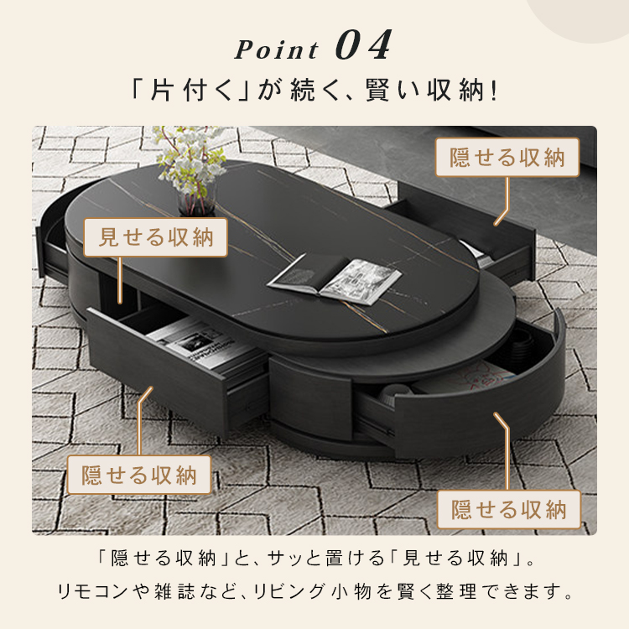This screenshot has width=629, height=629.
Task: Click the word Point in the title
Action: click(276, 49)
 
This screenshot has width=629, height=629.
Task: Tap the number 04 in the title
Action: click(363, 45)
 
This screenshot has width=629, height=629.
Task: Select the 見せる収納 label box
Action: click(156, 237)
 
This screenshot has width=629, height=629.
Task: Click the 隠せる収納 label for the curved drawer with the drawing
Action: click(509, 509)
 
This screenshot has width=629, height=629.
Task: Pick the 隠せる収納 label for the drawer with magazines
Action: click(138, 475)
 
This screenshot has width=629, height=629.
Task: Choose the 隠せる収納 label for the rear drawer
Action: click(507, 158)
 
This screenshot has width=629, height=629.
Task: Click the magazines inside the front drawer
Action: click(200, 344)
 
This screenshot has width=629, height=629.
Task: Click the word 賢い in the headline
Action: click(393, 91)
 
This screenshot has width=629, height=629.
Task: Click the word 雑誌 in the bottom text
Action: click(174, 592)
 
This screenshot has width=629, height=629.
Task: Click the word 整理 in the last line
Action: click(456, 592)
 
